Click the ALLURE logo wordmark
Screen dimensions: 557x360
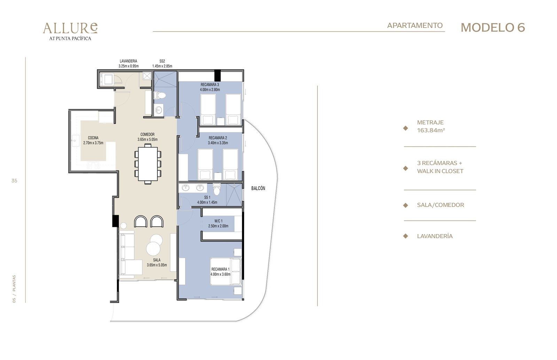tap(70, 28)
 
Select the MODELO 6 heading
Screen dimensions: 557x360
tap(493, 27)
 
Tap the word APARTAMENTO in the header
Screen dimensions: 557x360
tap(415, 25)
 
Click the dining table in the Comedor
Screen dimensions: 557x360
tap(148, 164)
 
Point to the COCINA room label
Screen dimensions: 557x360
tap(93, 138)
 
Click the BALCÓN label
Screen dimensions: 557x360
tap(258, 188)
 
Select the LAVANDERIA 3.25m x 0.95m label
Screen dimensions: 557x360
tap(128, 64)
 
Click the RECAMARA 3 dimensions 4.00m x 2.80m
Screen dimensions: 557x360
tap(210, 90)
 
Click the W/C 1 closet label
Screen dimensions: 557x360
tap(218, 221)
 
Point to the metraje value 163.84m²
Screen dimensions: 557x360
tap(431, 130)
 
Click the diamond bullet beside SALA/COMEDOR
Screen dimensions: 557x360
tap(406, 205)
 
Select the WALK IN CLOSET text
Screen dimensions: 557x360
tap(440, 171)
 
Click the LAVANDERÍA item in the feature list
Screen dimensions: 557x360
tap(435, 236)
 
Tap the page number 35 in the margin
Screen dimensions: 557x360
tap(14, 181)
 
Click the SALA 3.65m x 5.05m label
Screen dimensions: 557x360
tap(157, 262)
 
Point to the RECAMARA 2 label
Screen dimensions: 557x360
tap(218, 138)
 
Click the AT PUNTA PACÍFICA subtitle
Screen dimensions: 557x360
tap(70, 39)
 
